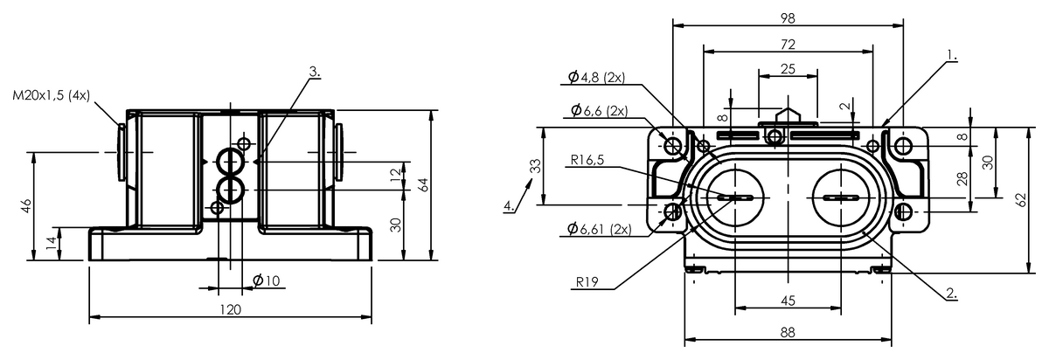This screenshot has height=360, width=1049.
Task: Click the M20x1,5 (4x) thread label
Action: (51, 95)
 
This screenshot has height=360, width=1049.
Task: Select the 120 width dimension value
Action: (231, 309)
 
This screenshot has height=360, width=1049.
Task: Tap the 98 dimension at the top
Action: (788, 18)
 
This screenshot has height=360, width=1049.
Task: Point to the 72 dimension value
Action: (788, 45)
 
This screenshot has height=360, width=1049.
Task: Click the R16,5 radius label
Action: (587, 160)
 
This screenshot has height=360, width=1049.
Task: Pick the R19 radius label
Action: (587, 282)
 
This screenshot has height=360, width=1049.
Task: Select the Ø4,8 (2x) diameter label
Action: (596, 77)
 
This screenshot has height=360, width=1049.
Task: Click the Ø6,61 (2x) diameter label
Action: (600, 229)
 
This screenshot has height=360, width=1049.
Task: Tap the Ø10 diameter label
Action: (266, 280)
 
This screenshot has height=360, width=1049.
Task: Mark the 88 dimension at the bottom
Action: (788, 332)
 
